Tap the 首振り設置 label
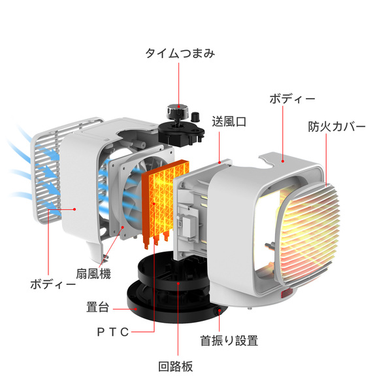[229, 340]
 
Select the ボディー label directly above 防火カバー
[292, 99]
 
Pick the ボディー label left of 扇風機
[53, 284]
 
